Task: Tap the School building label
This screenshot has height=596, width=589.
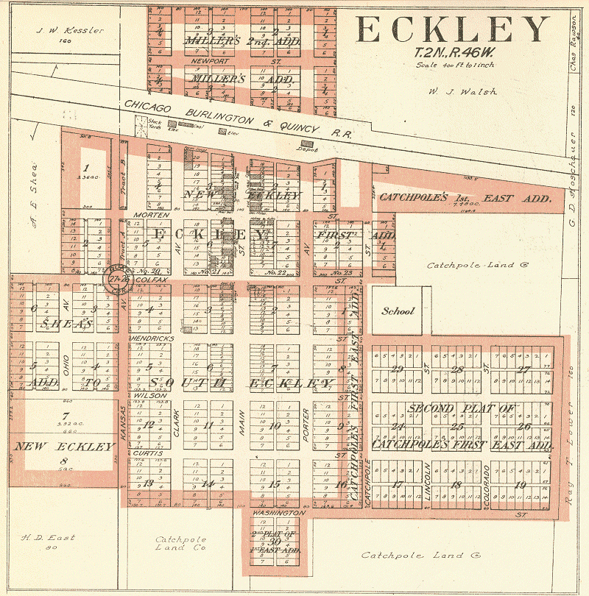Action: coord(398,311)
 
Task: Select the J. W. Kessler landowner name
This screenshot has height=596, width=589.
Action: coord(73,31)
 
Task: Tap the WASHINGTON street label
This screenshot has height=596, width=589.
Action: coord(278,512)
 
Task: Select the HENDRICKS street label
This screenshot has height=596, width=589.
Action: coord(152,338)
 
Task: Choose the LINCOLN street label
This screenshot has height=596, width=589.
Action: coord(426,486)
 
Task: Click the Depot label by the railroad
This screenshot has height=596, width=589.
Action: coord(308,149)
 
